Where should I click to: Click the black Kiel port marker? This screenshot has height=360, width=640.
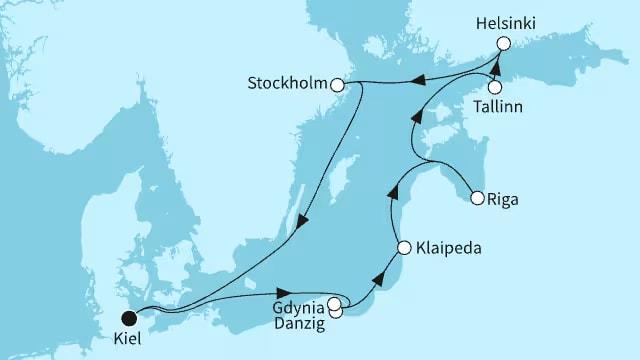click(x=128, y=318)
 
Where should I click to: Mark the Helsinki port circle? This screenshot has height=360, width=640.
click(x=504, y=43)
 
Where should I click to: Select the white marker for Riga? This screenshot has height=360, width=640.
click(x=477, y=198)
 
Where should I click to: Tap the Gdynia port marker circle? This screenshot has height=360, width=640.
click(x=333, y=301)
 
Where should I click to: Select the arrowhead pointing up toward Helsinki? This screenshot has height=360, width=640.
click(x=491, y=63)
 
